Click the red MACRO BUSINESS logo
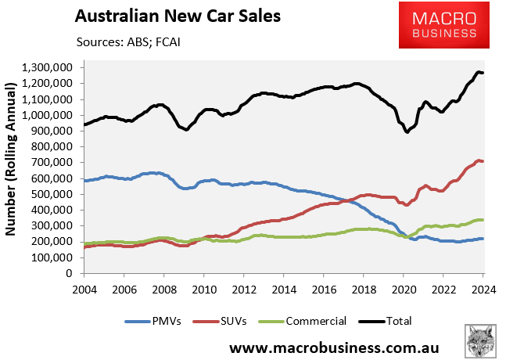tap(437, 24)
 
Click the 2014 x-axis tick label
tap(285, 289)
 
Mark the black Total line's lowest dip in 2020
tap(407, 131)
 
